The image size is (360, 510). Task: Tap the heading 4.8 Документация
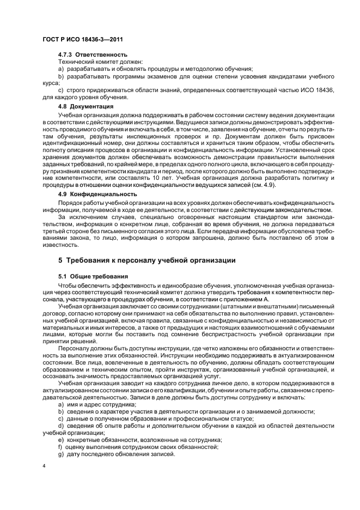pos(86,106)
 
